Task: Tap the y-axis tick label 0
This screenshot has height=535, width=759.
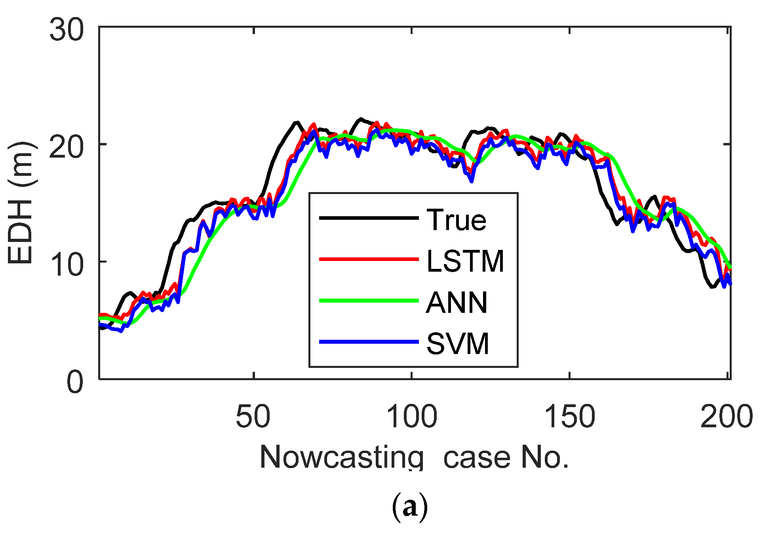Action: point(75,382)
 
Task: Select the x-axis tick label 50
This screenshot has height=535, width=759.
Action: point(253,417)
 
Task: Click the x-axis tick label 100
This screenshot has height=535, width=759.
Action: point(411,417)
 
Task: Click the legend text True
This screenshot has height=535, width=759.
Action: point(457,220)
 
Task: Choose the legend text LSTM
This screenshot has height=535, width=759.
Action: point(465,261)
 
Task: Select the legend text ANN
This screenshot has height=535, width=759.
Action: point(457,303)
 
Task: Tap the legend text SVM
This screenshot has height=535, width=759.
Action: point(458,344)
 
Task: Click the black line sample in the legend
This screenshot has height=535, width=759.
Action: point(369,218)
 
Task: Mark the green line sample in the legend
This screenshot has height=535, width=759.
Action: point(369,301)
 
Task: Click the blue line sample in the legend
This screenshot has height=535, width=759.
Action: point(369,341)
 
